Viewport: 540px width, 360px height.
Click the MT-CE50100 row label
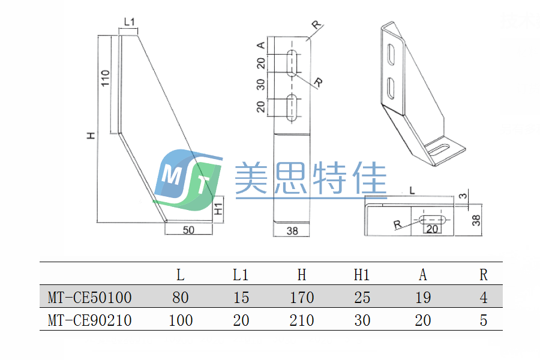pyautogui.click(x=89, y=297)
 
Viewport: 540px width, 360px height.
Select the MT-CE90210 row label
pyautogui.click(x=89, y=320)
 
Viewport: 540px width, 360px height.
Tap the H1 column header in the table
pyautogui.click(x=362, y=275)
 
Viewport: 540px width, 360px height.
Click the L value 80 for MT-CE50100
pyautogui.click(x=180, y=297)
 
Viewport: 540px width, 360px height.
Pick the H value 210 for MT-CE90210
pyautogui.click(x=301, y=320)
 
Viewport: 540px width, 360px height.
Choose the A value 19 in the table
pyautogui.click(x=422, y=297)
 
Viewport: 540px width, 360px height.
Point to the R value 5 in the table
pyautogui.click(x=483, y=320)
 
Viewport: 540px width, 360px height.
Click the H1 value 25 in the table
pyautogui.click(x=362, y=297)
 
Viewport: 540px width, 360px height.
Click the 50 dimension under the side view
pyautogui.click(x=188, y=230)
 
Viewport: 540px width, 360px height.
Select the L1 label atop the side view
pyautogui.click(x=129, y=23)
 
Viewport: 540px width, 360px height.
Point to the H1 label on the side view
pyautogui.click(x=219, y=209)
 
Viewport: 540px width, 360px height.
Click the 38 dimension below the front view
pyautogui.click(x=292, y=230)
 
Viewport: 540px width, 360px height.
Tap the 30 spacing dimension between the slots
pyautogui.click(x=261, y=84)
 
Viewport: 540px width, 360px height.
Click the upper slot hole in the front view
pyautogui.click(x=292, y=63)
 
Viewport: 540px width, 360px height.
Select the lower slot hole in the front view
pyautogui.click(x=292, y=108)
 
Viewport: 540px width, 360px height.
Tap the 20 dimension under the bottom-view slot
pyautogui.click(x=432, y=229)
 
